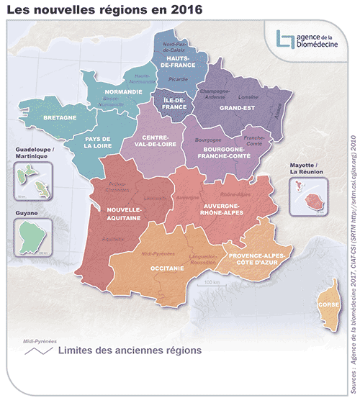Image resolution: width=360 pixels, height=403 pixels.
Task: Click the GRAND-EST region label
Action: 235,107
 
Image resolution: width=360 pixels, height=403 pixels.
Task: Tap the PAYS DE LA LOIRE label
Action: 96,142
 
